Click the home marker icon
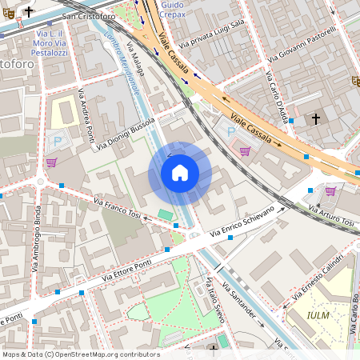(180, 173)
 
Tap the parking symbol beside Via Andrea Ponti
(58, 141)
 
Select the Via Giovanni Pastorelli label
(302, 46)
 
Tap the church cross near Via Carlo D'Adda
(315, 119)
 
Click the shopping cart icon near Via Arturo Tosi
(330, 190)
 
